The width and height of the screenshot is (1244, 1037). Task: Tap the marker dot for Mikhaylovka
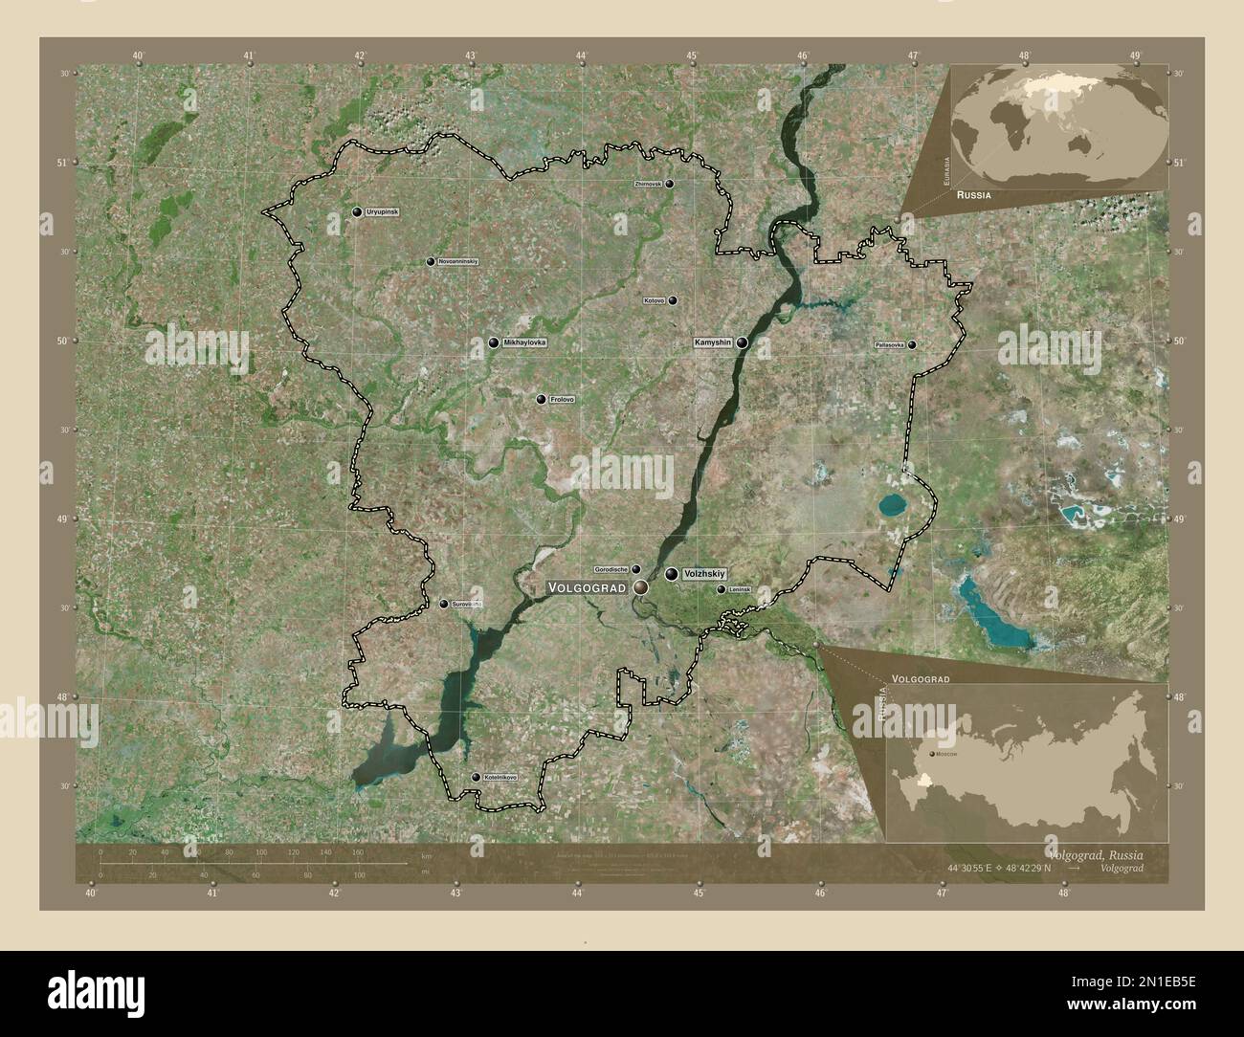pyautogui.click(x=494, y=342)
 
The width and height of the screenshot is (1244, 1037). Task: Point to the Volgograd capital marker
pyautogui.click(x=640, y=585)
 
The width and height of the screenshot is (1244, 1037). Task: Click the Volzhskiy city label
pyautogui.click(x=705, y=573)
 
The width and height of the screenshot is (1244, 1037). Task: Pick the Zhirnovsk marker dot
pyautogui.click(x=670, y=184)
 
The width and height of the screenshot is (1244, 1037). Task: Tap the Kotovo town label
pyautogui.click(x=655, y=300)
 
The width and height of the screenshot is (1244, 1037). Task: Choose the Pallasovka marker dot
pyautogui.click(x=912, y=344)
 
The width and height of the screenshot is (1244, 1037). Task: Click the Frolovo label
pyautogui.click(x=563, y=399)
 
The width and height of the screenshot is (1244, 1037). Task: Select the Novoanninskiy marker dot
pyautogui.click(x=431, y=261)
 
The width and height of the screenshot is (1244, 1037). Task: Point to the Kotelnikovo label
pyautogui.click(x=500, y=777)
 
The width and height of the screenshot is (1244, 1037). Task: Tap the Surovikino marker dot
pyautogui.click(x=443, y=604)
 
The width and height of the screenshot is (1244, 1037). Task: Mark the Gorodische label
pyautogui.click(x=611, y=568)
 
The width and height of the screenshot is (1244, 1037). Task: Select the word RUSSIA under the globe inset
pyautogui.click(x=972, y=194)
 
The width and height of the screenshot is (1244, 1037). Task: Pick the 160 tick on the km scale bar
pyautogui.click(x=357, y=853)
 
